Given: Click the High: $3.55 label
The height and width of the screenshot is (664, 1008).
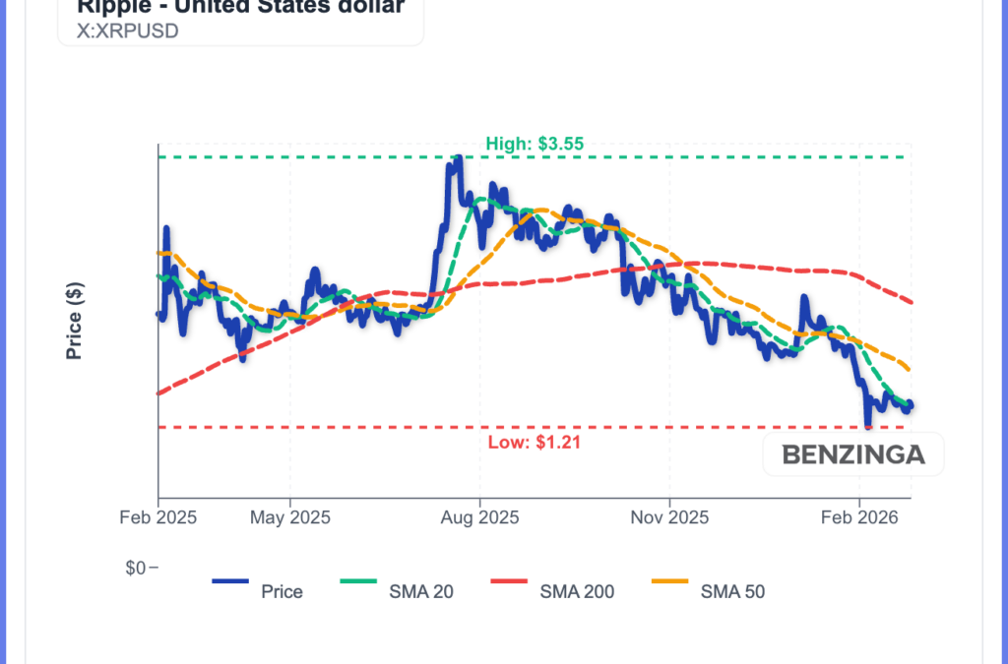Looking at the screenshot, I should click(535, 144).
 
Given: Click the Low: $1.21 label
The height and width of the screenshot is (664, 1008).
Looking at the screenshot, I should click(535, 442).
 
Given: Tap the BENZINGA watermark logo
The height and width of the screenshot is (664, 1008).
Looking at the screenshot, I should click(852, 455).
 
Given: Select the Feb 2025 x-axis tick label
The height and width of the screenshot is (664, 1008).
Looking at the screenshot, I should click(158, 516).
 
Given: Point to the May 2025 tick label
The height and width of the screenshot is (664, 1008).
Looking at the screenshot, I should click(289, 516).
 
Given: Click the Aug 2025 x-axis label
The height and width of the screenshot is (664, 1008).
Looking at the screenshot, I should click(479, 516).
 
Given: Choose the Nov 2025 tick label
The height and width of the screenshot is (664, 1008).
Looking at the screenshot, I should click(668, 516).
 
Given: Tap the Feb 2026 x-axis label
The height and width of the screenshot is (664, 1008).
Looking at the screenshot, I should click(859, 516).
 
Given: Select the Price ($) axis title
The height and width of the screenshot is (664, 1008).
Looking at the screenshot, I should click(74, 321).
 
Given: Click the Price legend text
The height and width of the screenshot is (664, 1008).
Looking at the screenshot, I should click(282, 591).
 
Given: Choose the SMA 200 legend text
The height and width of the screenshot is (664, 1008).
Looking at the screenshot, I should click(577, 591).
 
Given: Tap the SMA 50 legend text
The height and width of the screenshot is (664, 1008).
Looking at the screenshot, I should click(732, 591).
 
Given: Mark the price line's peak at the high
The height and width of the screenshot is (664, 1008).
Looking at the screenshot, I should click(455, 158).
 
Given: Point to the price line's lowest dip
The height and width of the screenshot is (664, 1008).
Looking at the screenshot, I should click(867, 425).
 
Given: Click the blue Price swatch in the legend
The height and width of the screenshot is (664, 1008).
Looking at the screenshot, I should click(230, 581).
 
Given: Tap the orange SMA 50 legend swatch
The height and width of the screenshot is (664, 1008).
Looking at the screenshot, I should click(669, 581).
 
